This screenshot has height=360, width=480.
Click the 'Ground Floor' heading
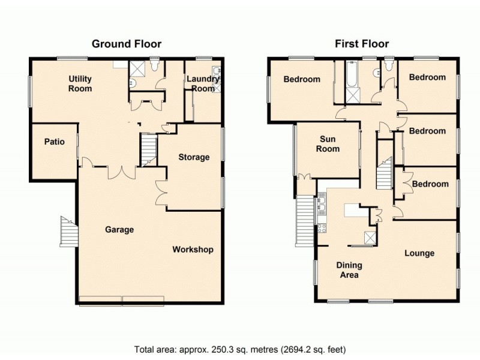(x=126, y=44)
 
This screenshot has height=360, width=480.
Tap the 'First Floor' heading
(x=362, y=44)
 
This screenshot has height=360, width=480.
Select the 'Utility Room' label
(x=80, y=84)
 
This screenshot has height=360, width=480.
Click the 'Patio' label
(x=55, y=143)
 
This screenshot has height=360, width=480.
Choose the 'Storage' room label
(x=194, y=157)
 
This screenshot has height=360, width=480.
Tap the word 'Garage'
(x=119, y=229)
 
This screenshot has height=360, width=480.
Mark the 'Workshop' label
(x=193, y=250)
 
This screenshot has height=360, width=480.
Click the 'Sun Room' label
(x=328, y=144)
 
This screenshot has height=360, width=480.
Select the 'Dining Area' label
(x=349, y=270)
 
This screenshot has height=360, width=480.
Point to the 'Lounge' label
(x=419, y=253)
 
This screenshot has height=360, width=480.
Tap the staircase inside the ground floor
(x=148, y=150)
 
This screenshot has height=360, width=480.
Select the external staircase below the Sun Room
(x=305, y=220)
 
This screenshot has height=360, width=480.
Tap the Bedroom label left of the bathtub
(x=302, y=79)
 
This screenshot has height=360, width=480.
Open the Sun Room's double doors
(x=305, y=177)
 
